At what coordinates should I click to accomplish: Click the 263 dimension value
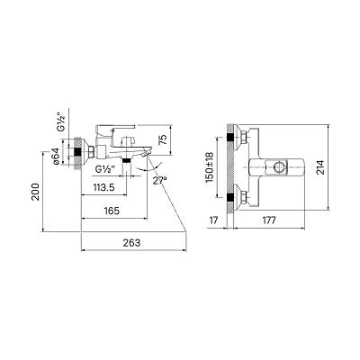coord(131,242)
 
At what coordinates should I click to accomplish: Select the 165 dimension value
coord(112,211)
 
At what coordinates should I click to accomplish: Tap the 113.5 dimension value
coord(103,187)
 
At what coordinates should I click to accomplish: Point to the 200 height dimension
coord(36,192)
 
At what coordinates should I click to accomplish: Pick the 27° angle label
coord(159,181)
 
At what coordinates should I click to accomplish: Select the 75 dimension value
coord(162,139)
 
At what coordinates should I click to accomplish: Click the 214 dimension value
coord(319,168)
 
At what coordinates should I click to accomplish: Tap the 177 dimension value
coord(269,220)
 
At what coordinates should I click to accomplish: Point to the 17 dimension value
coord(213,220)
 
